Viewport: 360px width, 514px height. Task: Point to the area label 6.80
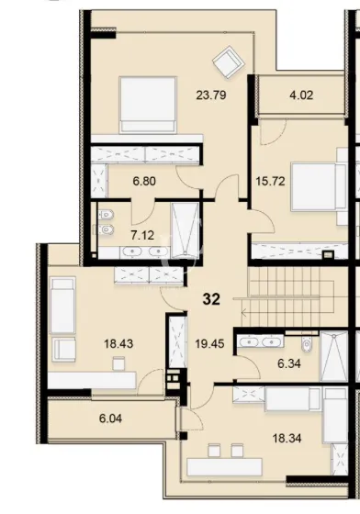tap(144, 182)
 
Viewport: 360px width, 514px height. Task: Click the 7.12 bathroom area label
tap(141, 235)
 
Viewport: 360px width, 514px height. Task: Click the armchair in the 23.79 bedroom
tap(225, 61)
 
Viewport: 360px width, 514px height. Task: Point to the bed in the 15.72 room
tap(317, 192)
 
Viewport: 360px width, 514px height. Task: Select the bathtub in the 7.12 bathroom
tap(187, 231)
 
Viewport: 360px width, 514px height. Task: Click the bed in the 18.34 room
tap(293, 400)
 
